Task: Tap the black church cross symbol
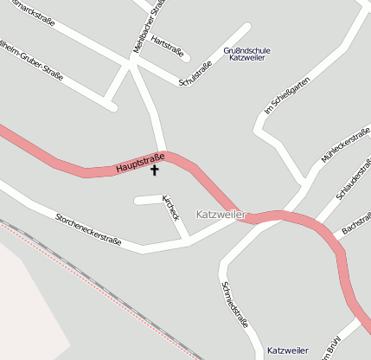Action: (x=156, y=170)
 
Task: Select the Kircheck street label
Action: (x=170, y=207)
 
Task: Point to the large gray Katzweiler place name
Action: (x=221, y=214)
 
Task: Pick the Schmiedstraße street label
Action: (x=235, y=305)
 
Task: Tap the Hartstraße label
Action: (x=168, y=45)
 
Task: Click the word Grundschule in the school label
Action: (x=247, y=50)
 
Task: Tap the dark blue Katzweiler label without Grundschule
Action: (x=288, y=350)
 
